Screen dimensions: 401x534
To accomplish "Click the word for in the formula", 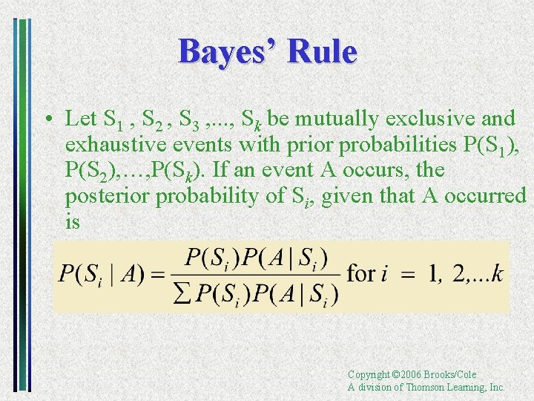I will (x=360, y=273).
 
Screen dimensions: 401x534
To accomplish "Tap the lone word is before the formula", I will (x=72, y=221).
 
